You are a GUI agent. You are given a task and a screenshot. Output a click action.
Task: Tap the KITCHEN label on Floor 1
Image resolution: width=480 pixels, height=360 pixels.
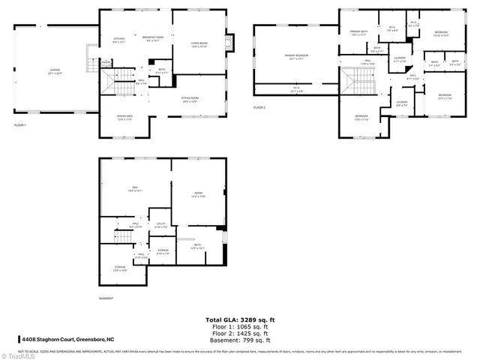[118, 40]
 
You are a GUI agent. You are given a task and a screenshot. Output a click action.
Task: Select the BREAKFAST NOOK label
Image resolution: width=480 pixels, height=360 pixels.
[154, 40]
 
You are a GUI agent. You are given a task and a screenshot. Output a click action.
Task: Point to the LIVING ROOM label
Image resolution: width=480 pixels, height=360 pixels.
[198, 46]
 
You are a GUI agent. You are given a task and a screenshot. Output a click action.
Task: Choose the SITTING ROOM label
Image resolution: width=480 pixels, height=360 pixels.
[190, 99]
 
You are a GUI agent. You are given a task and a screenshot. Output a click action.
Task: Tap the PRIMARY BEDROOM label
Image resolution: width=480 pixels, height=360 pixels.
[296, 57]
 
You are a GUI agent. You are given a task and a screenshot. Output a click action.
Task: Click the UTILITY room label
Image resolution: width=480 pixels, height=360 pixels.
[161, 224]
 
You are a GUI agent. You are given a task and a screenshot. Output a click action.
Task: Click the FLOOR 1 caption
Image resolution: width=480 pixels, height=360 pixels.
[20, 125]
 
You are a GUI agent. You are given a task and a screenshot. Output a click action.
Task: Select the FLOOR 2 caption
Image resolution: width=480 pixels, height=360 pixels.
[259, 108]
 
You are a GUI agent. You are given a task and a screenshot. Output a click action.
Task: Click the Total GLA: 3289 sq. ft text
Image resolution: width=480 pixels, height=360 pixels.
[239, 319]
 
